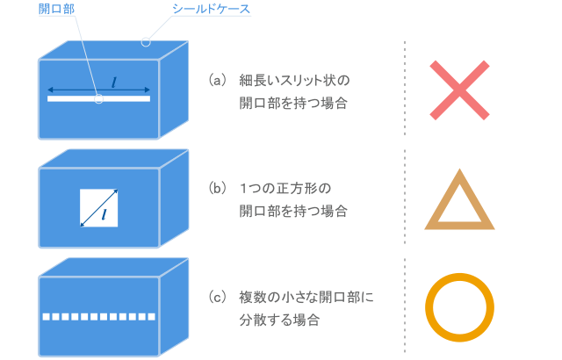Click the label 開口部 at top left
(57, 10)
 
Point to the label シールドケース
(212, 10)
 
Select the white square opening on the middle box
(98, 207)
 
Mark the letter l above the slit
(114, 81)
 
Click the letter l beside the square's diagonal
(104, 214)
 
